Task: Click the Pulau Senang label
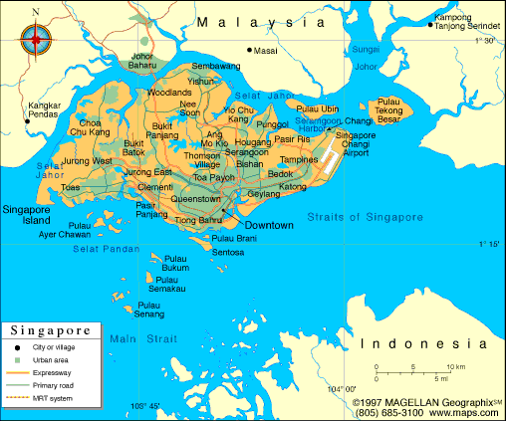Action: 150,310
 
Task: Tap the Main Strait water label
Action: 134,340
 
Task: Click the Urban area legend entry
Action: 51,359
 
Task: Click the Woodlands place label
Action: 169,92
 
